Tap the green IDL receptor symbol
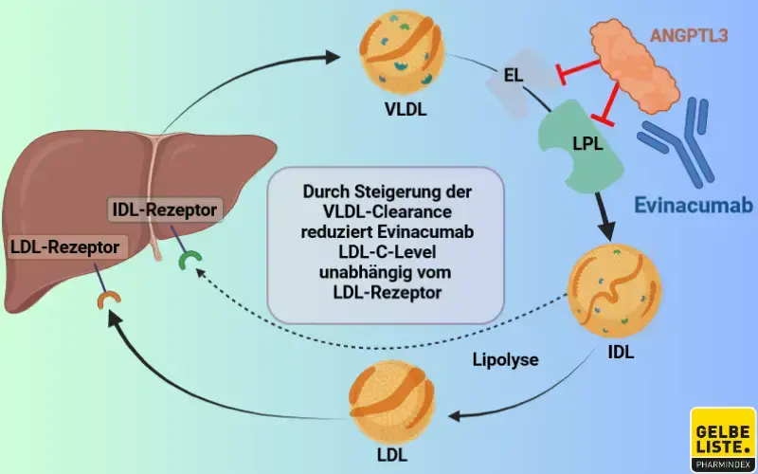(191, 258)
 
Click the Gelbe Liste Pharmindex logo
(723, 439)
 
